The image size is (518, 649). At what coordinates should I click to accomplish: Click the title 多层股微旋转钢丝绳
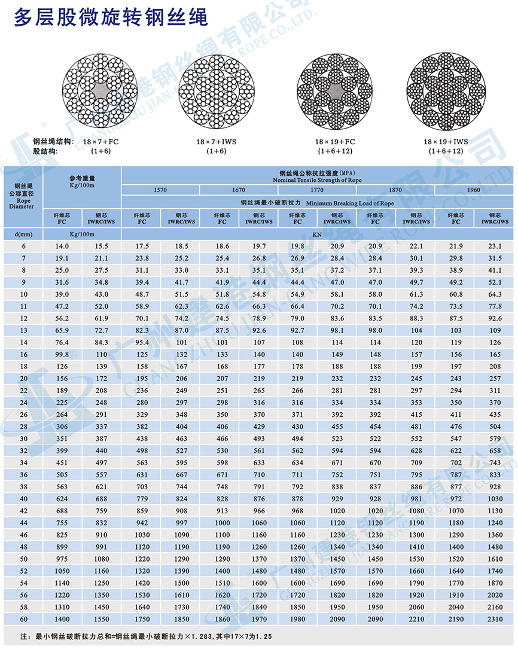[x=111, y=18]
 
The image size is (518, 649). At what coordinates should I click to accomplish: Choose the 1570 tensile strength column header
[x=160, y=190]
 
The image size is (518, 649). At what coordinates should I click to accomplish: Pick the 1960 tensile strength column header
[x=474, y=190]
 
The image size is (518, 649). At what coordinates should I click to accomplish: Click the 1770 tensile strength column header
[x=317, y=190]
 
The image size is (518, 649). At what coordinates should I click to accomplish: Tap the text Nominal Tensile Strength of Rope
[x=317, y=179]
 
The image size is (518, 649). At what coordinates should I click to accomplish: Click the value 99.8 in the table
[x=62, y=354]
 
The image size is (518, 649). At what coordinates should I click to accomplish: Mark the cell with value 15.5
[x=101, y=246]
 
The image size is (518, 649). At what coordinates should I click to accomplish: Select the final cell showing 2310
[x=495, y=618]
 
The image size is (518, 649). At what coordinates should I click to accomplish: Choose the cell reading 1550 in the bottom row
[x=101, y=618]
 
